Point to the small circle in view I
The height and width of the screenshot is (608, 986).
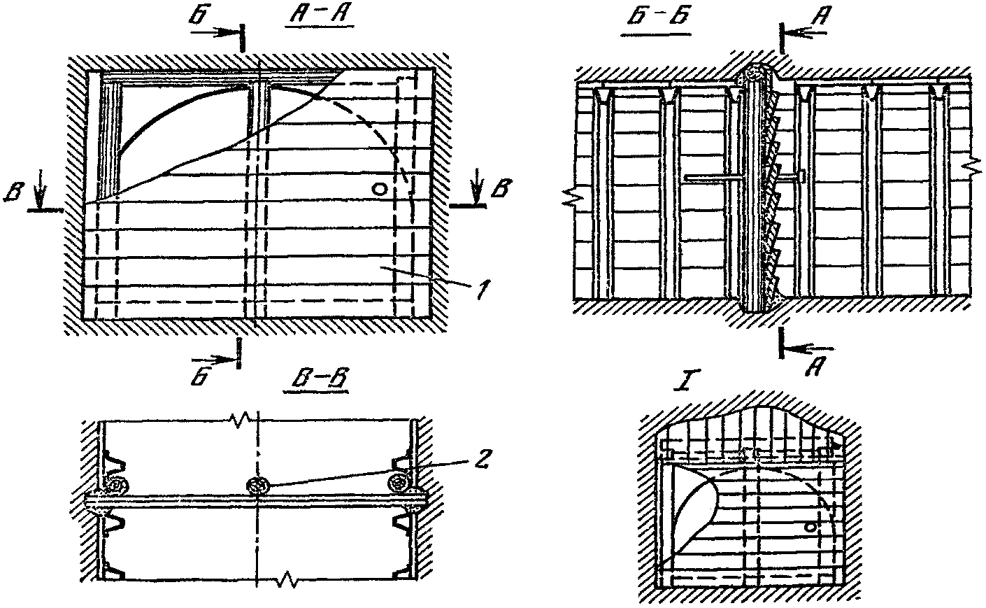tap(810, 525)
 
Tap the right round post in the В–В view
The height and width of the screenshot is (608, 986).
tap(401, 481)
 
